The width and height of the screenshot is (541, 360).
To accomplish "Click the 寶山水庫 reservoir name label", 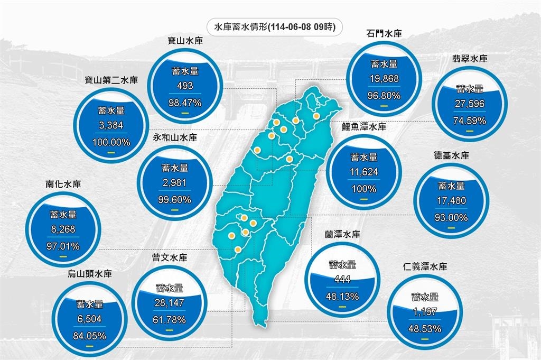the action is point(183,40).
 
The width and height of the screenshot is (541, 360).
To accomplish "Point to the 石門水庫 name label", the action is point(384,33).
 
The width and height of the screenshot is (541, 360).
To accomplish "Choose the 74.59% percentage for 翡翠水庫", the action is point(470,121).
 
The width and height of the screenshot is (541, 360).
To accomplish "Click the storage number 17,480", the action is point(452,201).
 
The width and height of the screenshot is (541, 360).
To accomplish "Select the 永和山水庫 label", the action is point(174,137).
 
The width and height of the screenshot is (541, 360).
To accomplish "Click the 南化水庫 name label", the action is point(63,185).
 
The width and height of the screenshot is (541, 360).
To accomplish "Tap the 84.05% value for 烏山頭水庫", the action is point(89,335).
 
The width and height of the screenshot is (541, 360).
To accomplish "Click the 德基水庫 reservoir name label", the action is point(451,156).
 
